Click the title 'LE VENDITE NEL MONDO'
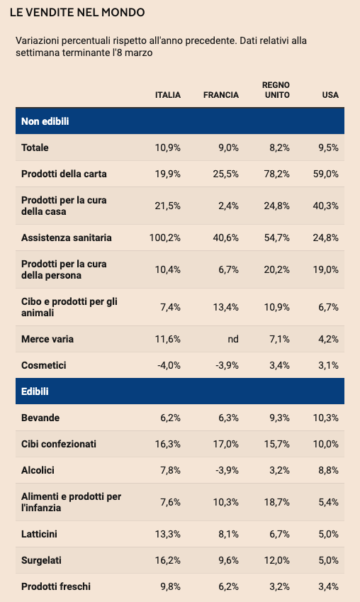(77, 12)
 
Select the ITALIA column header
(168, 95)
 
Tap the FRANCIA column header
(221, 95)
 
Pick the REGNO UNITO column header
(276, 90)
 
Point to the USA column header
(330, 95)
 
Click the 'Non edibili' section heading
(45, 121)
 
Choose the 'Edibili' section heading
(35, 391)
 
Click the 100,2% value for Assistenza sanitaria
(165, 238)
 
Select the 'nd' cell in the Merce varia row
(233, 339)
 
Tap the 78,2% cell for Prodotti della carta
(276, 174)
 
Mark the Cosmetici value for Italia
(169, 365)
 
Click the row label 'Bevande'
(40, 418)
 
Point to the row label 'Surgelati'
(41, 560)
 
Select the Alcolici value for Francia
(227, 470)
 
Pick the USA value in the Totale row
(329, 147)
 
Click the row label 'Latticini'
(39, 534)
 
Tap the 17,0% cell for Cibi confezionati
(226, 444)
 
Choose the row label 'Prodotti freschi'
(56, 586)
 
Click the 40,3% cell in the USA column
(326, 206)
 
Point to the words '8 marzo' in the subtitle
(136, 52)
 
